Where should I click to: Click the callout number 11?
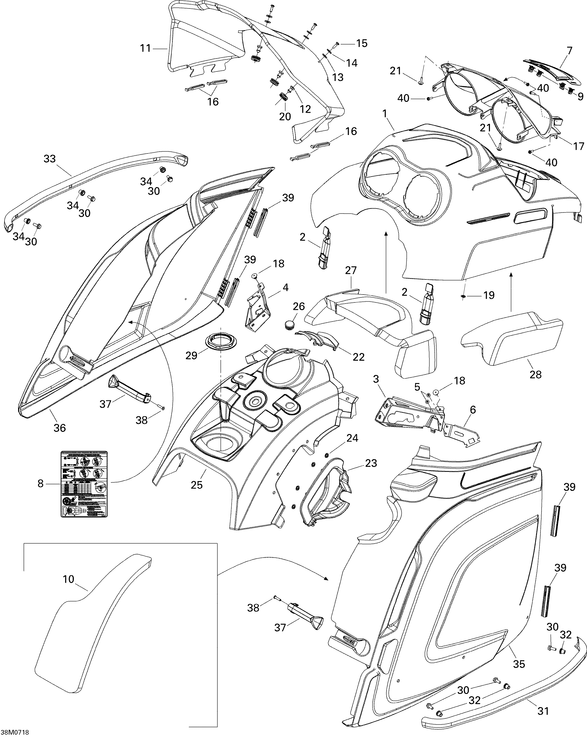coord(145,48)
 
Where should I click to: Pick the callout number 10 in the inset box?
coord(68,579)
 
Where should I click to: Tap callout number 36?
coord(60,428)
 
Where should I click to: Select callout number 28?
coord(535,375)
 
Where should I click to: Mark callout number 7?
coord(569,51)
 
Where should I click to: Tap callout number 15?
coord(362,43)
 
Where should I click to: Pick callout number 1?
coord(385,114)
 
